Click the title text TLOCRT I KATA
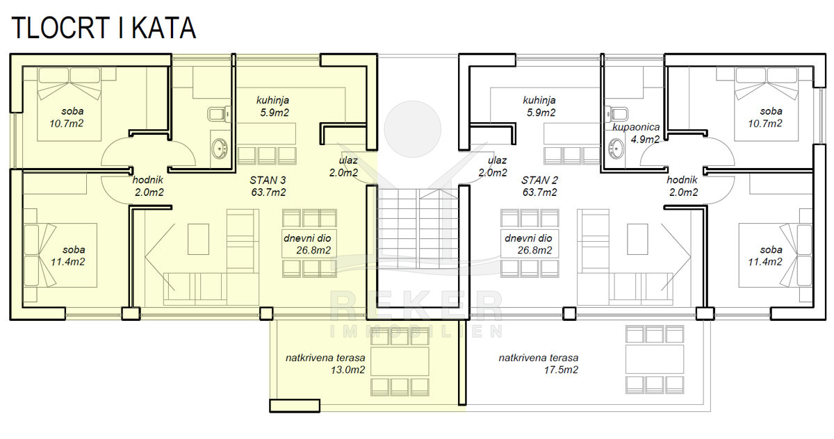coord(104,28)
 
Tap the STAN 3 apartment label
coord(268,181)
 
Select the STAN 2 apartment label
coord(539,181)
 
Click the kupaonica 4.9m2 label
coord(636,133)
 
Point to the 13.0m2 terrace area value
coord(347,370)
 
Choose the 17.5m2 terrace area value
coord(561,370)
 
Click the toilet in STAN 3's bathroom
coord(220,113)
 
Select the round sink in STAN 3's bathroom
coord(220,149)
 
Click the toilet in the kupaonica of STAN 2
coord(616,114)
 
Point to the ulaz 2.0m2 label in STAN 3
coord(343,167)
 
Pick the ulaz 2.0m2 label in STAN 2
coord(493,167)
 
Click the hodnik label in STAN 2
coord(682,180)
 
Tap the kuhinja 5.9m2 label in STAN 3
coord(273,106)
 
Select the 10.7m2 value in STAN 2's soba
coord(765,124)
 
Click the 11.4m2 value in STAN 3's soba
coord(68,262)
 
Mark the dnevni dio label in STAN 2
coord(528,238)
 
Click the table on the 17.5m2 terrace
coord(655,359)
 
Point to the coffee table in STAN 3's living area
coord(198,239)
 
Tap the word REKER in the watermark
coord(416,306)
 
